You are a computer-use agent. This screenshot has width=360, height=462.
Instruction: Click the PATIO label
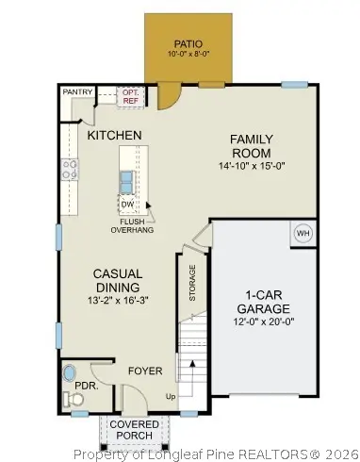[188, 43]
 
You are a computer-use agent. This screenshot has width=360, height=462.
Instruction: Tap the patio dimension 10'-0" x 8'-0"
[188, 56]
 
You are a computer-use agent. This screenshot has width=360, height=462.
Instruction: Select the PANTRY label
[76, 91]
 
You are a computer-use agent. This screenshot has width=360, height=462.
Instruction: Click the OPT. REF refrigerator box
[130, 96]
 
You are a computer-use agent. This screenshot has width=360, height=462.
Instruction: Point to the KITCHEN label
[114, 136]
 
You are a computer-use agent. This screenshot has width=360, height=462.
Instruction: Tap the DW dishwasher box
[126, 204]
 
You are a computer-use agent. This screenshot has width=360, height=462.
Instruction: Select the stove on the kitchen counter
[69, 169]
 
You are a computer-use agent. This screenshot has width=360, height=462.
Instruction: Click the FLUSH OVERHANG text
[132, 224]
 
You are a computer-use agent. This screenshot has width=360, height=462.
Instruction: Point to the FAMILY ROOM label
[251, 146]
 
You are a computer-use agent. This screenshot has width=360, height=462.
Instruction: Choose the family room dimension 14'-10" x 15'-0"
[251, 166]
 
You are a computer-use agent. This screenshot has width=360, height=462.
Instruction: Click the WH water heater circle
[303, 233]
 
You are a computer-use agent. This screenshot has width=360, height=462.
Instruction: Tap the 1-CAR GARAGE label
[263, 301]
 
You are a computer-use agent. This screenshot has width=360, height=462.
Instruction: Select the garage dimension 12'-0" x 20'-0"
[263, 321]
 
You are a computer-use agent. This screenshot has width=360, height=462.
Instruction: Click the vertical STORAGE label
[192, 283]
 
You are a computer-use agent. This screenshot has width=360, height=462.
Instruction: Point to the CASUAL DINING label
[117, 280]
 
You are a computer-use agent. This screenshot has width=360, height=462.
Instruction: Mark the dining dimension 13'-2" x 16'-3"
[117, 301]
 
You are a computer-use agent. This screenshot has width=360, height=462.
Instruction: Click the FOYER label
[145, 371]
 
